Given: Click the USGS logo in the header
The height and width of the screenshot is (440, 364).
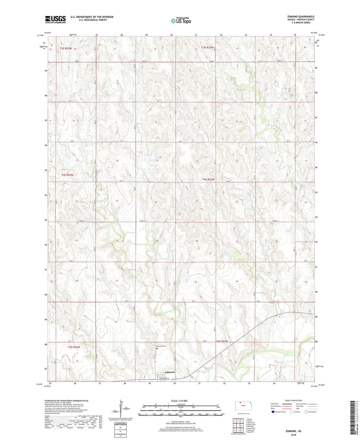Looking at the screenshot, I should (x=55, y=19).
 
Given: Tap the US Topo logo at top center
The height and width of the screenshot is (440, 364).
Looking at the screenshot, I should (x=181, y=21).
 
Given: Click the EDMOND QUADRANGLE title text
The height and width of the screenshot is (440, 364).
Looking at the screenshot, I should (x=299, y=17).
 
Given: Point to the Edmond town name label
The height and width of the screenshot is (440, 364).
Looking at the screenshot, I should (x=170, y=372).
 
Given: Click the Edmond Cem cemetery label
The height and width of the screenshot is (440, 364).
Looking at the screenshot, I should (x=161, y=346).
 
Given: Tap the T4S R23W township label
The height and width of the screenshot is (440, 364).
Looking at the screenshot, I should (x=67, y=175).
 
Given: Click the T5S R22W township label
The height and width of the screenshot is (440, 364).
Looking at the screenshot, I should (x=222, y=341).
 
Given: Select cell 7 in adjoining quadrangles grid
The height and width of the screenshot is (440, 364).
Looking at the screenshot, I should (x=238, y=430).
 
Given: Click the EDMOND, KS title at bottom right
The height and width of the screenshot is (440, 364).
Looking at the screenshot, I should (x=293, y=431).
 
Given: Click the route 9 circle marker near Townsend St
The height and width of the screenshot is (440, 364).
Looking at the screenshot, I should (x=173, y=379).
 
